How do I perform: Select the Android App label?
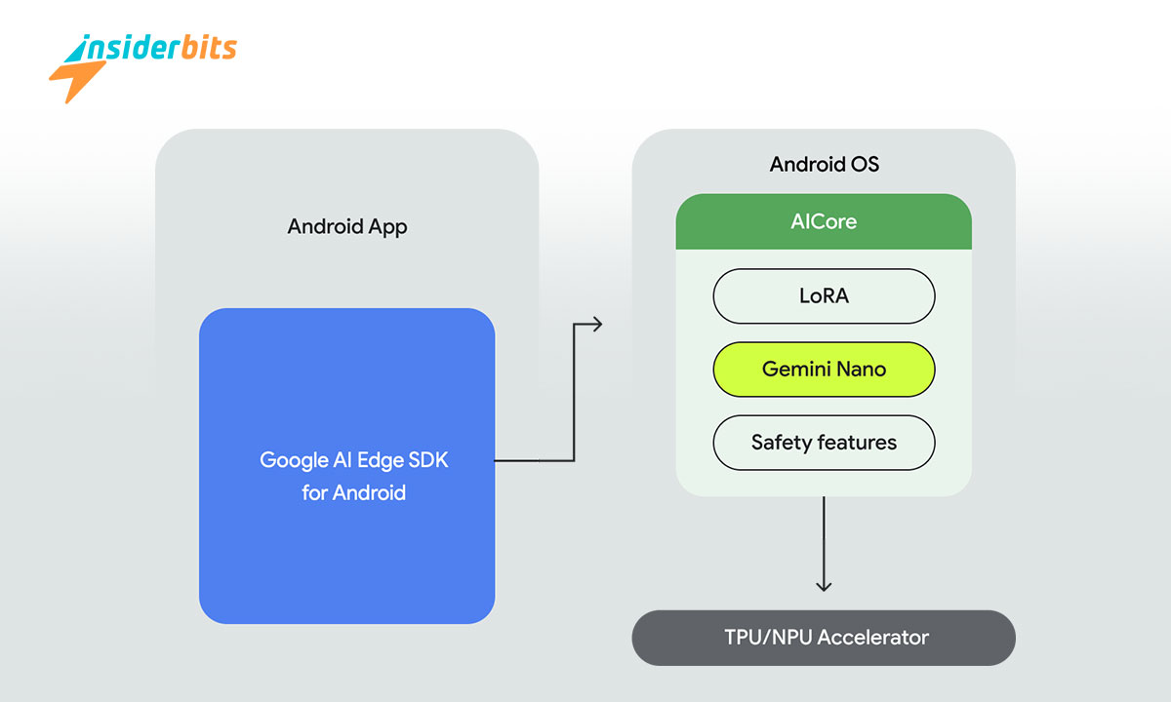click(x=346, y=227)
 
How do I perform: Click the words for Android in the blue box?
click(x=353, y=492)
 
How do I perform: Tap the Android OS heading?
click(x=824, y=164)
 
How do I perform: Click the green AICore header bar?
click(x=824, y=221)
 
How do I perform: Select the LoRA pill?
click(x=824, y=295)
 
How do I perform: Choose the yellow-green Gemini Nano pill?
click(x=824, y=370)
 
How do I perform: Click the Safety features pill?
click(x=824, y=443)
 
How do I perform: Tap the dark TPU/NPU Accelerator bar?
click(x=824, y=638)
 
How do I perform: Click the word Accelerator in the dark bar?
click(x=872, y=638)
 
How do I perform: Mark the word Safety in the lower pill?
click(x=781, y=443)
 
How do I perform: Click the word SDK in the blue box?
click(x=428, y=460)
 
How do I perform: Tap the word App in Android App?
click(x=387, y=227)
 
